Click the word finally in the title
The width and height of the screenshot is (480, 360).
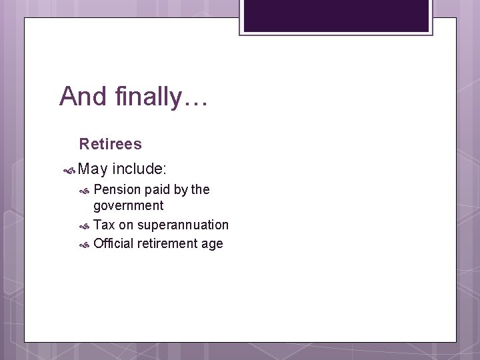point(144,97)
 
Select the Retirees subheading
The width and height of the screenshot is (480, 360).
point(110,144)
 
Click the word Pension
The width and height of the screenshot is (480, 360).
point(117,190)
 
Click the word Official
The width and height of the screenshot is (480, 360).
point(113,244)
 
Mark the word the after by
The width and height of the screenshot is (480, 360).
point(201,190)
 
